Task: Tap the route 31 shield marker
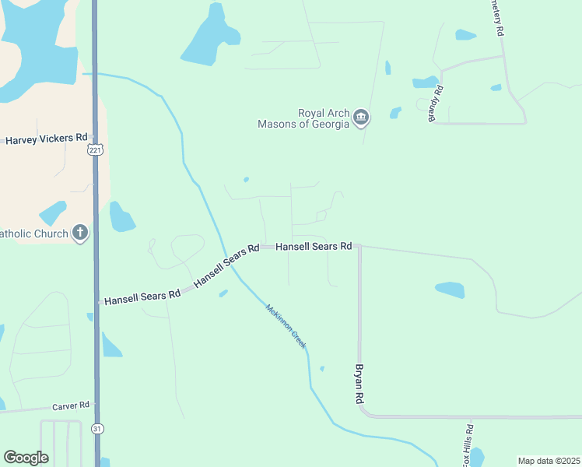coord(96,429)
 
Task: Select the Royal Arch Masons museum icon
coord(361,118)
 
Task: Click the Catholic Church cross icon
coord(80,232)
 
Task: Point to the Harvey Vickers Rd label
coord(46,139)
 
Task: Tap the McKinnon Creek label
coord(286,325)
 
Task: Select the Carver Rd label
coord(71,406)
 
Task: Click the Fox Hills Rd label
coord(468,445)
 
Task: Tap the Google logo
coord(26,458)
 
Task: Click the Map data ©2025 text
coord(549,461)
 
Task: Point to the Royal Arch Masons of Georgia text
coord(304,118)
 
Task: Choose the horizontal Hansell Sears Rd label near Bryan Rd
coord(314,246)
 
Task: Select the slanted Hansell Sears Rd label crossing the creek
coord(226,265)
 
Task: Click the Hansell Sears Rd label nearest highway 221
coord(142,298)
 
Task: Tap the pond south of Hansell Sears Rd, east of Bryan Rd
coord(450,290)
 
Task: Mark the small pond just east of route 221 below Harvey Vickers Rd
coord(121,217)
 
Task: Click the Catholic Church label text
coord(34,233)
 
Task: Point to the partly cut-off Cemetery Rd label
coord(498,18)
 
